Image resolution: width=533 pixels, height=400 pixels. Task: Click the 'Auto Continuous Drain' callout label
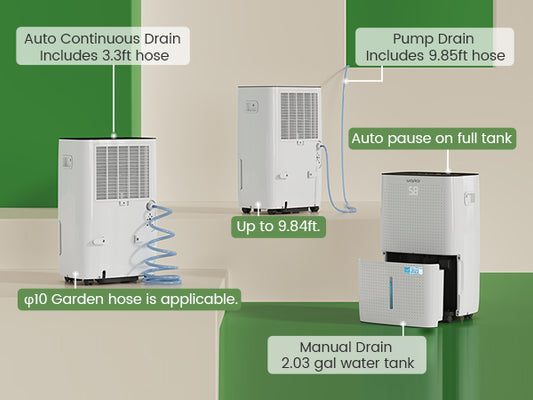click(x=103, y=46)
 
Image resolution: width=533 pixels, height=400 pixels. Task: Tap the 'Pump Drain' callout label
click(x=434, y=47)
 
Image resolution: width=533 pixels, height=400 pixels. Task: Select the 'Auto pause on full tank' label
click(x=432, y=138)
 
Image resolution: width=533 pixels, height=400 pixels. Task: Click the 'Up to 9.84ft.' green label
click(x=278, y=226)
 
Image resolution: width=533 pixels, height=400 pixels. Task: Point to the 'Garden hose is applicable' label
click(x=130, y=299)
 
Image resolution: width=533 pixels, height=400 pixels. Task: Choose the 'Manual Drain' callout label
click(x=347, y=355)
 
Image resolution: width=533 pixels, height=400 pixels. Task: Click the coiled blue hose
click(x=160, y=244)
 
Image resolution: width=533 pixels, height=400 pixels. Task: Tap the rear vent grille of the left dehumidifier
click(x=123, y=173)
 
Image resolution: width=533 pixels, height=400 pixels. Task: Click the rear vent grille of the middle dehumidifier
click(x=299, y=116)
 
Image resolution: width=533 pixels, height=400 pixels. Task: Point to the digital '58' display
click(x=413, y=191)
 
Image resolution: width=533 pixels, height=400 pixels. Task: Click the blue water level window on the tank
click(x=391, y=293)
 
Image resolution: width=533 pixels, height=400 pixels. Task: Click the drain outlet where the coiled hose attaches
click(x=149, y=206)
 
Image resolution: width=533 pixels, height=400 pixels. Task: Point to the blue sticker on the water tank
click(x=413, y=271)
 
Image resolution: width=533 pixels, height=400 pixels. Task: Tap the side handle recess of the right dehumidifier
click(x=470, y=198)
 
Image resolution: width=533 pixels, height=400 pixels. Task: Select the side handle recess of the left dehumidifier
click(x=67, y=162)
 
